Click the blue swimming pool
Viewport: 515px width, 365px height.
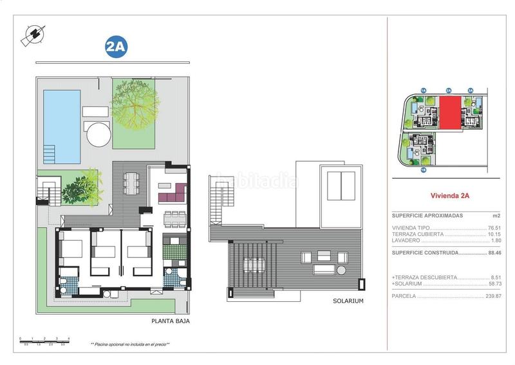61,126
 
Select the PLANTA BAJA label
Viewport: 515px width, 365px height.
170,321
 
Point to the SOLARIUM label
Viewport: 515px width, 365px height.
349,301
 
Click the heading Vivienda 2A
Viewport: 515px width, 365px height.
447,198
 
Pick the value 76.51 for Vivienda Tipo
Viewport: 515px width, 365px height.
494,228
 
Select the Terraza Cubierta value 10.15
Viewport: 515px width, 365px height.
494,234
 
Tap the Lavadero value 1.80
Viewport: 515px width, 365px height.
495,241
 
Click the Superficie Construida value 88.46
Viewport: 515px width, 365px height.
493,253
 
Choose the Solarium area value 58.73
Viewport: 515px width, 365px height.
494,284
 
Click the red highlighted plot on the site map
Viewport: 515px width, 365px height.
450,112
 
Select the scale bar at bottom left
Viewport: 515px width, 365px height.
44,340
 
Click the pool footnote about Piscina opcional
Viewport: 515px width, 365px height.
130,345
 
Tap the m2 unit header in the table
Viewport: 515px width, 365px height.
496,215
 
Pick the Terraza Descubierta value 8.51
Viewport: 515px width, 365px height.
495,277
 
